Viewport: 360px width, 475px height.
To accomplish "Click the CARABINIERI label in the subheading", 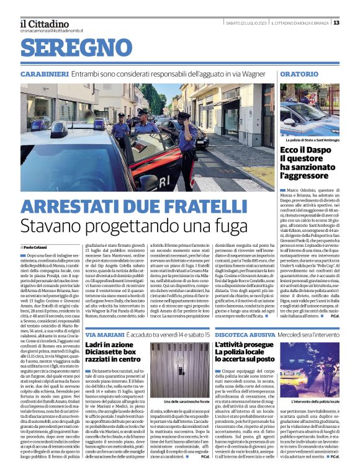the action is pyautogui.click(x=43, y=74).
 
